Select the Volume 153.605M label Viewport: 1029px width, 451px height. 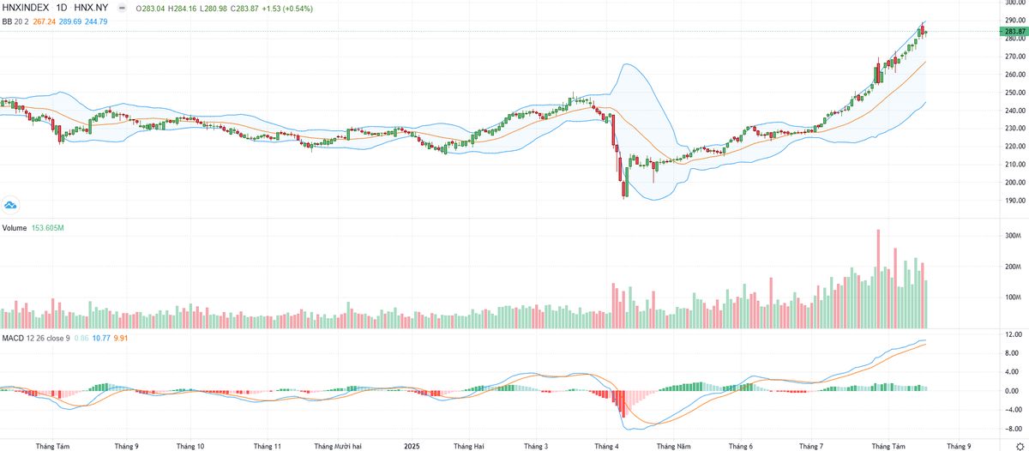(33, 228)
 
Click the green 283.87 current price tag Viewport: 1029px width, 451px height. (1013, 31)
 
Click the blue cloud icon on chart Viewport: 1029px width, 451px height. (11, 205)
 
